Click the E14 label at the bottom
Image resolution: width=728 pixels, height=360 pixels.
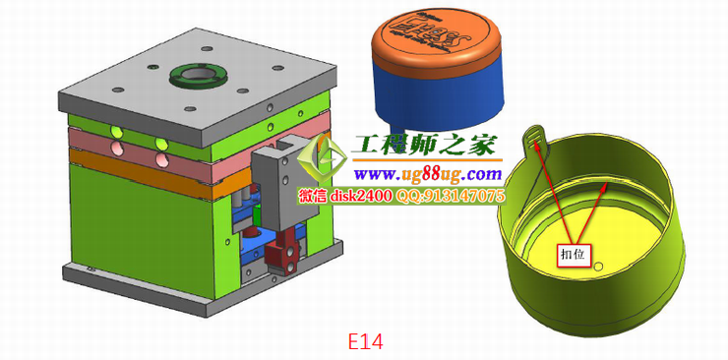click(365, 340)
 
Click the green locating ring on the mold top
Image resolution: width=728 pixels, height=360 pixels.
click(197, 76)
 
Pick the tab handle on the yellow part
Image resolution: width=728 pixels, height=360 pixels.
click(534, 139)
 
